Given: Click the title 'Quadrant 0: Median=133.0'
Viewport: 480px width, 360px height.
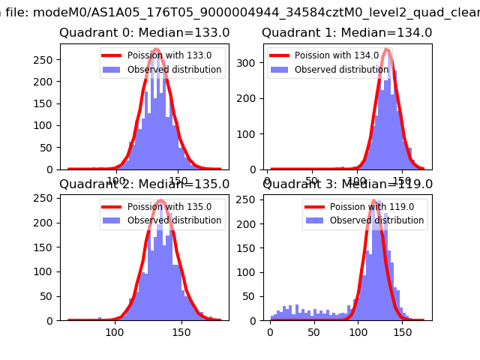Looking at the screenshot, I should [x=145, y=33].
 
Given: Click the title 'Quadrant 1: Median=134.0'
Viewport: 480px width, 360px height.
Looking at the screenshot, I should [x=346, y=33].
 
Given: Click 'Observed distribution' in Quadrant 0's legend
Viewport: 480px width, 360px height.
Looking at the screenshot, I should [x=174, y=70].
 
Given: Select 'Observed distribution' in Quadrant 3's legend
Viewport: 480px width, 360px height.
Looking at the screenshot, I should [x=376, y=220].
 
